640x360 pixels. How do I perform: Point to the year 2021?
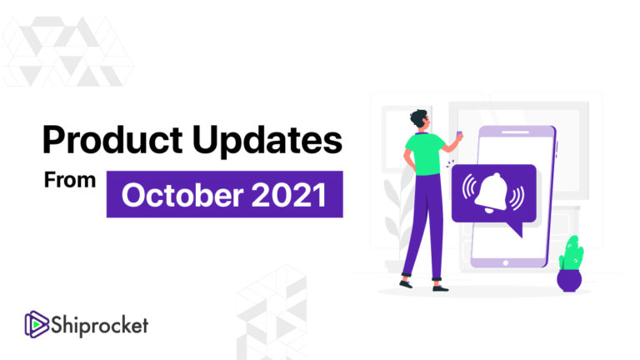288,195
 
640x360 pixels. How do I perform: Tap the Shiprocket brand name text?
99,323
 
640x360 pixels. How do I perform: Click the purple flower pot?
570,277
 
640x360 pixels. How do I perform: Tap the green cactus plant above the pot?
571,251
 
